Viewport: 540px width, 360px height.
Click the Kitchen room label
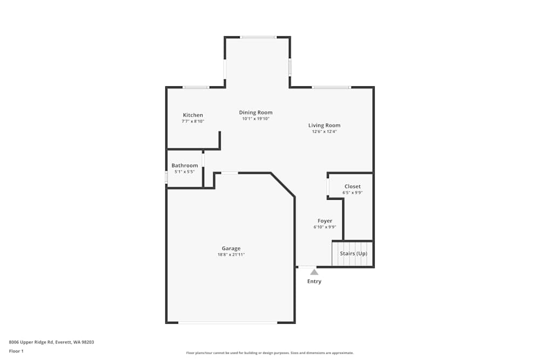coord(193,115)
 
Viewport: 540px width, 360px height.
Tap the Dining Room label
coord(255,112)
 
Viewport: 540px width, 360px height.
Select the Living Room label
coord(324,125)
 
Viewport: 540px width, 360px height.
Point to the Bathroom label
coord(185,165)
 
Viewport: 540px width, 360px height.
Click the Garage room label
coord(231,248)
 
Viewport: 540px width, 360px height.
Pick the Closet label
coord(352,186)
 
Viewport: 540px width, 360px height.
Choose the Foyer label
coord(325,221)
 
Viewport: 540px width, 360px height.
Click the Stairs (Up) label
coord(353,253)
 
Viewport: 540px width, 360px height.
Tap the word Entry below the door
coord(314,281)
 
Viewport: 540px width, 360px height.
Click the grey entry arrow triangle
coord(314,272)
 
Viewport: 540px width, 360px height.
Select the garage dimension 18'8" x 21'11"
coord(231,255)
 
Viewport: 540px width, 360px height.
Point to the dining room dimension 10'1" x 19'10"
coord(255,119)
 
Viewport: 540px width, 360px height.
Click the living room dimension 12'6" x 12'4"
coord(324,132)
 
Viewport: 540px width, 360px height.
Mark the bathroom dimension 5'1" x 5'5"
coord(185,172)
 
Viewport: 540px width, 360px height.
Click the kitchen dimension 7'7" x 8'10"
coord(193,121)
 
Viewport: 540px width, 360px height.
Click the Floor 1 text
coord(16,351)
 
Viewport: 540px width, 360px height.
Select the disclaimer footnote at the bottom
coord(270,352)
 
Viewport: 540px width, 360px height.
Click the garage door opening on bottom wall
coord(227,323)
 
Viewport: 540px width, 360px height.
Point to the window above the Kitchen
coord(195,87)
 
